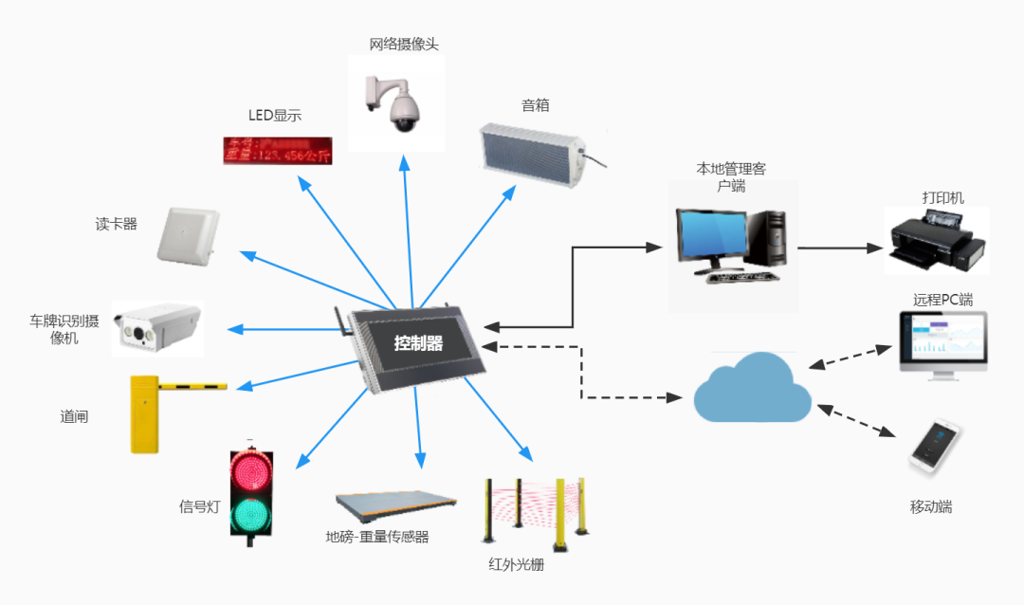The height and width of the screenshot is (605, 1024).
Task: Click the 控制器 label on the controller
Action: point(419,343)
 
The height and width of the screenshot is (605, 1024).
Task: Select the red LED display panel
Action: point(278,150)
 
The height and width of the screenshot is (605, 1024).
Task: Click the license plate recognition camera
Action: point(157,325)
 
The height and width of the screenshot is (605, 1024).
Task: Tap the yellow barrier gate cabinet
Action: point(143,414)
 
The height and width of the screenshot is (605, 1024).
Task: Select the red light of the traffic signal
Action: point(251,471)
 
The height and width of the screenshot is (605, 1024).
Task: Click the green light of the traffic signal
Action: point(251,514)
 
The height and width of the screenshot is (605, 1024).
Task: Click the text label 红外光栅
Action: point(516,565)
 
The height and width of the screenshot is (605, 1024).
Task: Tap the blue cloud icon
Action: point(752,388)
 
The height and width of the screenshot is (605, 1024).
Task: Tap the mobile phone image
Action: point(935,449)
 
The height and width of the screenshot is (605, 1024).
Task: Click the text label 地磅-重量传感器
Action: point(377,537)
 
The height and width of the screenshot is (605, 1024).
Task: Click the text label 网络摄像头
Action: point(404,45)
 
